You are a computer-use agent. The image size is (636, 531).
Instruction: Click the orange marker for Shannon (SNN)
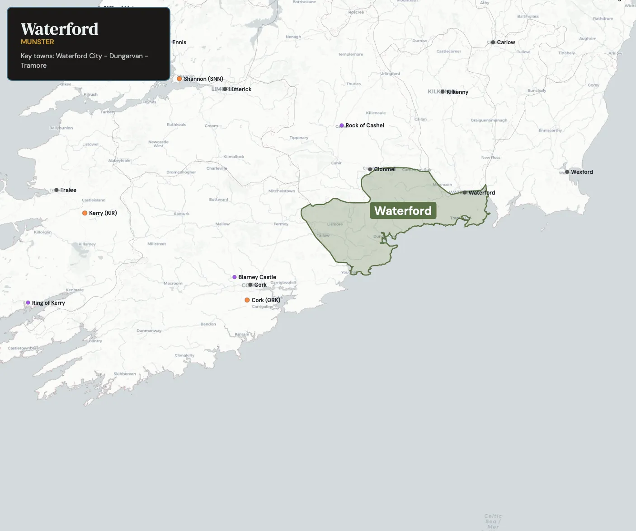179,79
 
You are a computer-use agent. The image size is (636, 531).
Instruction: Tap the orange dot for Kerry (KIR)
85,213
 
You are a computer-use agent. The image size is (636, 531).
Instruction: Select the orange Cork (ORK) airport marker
247,300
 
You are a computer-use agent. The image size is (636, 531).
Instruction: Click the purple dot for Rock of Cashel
342,126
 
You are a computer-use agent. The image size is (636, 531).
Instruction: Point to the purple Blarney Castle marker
235,277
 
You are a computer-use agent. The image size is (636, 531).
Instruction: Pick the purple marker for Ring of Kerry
28,303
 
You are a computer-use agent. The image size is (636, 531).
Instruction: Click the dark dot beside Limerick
225,89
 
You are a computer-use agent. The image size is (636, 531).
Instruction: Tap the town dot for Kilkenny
443,92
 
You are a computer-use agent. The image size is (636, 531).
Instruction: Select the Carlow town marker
493,42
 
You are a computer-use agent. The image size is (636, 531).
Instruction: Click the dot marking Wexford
567,172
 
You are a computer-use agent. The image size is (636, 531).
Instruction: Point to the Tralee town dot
57,190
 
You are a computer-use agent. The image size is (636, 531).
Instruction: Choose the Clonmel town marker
370,169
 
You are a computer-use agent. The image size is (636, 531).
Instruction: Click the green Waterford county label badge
403,211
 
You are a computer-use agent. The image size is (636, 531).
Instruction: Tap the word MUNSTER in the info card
38,42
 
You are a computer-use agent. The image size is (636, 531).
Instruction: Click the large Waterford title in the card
60,29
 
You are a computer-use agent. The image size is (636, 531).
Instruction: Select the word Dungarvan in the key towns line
126,56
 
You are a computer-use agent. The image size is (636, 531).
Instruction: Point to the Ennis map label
179,42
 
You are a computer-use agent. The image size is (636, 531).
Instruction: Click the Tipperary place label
299,138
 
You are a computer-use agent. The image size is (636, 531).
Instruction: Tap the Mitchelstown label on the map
282,191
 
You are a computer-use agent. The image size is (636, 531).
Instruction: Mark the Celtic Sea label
493,521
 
